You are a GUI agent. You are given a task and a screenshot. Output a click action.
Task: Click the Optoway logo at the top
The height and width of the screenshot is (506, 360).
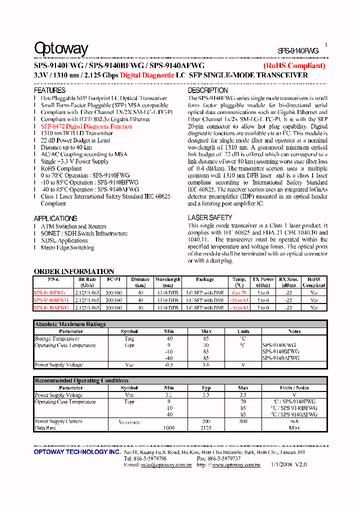pyautogui.click(x=61, y=48)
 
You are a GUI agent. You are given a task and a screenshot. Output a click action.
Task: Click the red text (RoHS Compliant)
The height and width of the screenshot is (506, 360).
pyautogui.click(x=294, y=65)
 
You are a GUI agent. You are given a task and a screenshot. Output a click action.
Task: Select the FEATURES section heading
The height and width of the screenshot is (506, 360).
pyautogui.click(x=49, y=90)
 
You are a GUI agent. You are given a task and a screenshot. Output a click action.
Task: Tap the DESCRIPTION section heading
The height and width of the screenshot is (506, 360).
pyautogui.click(x=207, y=90)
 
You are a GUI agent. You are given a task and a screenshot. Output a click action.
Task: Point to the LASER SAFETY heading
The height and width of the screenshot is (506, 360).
pyautogui.click(x=210, y=217)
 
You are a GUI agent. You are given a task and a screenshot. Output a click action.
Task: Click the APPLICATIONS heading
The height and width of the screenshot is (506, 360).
pyautogui.click(x=55, y=218)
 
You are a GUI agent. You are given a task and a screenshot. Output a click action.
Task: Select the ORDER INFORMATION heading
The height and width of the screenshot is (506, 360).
pyautogui.click(x=73, y=271)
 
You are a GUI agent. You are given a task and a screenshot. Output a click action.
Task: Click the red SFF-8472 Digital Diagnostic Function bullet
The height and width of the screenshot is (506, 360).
pyautogui.click(x=86, y=126)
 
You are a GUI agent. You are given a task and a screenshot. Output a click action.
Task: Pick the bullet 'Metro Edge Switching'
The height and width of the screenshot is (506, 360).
pyautogui.click(x=67, y=247)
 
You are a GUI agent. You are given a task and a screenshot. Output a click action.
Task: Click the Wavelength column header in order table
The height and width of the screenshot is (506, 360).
pyautogui.click(x=167, y=279)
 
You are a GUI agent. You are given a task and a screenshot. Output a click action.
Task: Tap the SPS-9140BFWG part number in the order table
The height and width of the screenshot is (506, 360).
pyautogui.click(x=51, y=300)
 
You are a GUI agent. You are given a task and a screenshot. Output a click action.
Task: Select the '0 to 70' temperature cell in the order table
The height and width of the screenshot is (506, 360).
pyautogui.click(x=239, y=292)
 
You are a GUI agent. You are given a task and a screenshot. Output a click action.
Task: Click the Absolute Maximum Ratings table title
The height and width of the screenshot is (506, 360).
pyautogui.click(x=70, y=324)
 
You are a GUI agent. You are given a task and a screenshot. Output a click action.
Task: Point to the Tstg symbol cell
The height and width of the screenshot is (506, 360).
pyautogui.click(x=129, y=338)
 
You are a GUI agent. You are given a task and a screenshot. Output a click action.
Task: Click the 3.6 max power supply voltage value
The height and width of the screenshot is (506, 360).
pyautogui.click(x=206, y=365)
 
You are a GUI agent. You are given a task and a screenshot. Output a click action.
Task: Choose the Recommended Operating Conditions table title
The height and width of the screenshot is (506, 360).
pyautogui.click(x=81, y=381)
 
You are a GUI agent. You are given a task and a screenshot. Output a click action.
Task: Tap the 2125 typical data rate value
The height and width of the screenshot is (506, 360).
pyautogui.click(x=206, y=428)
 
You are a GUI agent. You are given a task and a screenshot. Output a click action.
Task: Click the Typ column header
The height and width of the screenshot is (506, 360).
pyautogui.click(x=206, y=388)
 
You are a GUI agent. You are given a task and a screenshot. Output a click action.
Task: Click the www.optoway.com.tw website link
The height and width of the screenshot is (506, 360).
pyautogui.click(x=236, y=465)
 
